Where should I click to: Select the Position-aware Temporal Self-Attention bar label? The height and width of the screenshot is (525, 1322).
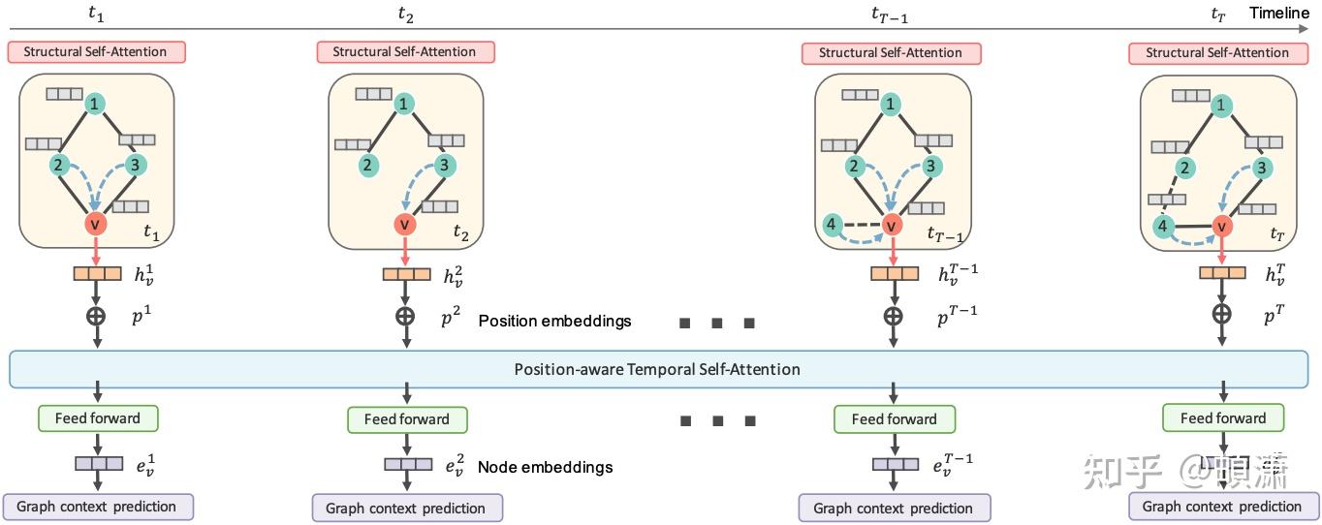point(657,369)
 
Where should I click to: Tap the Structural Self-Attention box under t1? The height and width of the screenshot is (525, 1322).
point(96,52)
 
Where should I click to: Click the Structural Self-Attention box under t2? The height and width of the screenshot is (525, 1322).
point(404,52)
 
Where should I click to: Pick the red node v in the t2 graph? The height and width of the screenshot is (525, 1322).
point(405,225)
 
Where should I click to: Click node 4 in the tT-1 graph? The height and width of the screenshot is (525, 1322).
point(830,225)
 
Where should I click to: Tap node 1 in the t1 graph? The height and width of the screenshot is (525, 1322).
point(94,103)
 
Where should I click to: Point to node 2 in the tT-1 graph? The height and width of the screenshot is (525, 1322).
point(853,166)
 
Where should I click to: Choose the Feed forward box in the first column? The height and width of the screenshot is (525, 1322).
point(97,418)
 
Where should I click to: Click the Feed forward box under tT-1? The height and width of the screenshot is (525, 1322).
point(894,419)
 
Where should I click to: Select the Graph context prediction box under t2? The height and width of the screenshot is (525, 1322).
point(406,508)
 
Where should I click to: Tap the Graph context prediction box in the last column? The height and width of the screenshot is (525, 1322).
point(1221,506)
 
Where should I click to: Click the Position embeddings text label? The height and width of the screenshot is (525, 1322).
point(554,321)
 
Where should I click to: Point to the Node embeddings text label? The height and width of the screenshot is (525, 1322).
point(545,467)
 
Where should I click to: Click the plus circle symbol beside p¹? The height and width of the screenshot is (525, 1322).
point(97,316)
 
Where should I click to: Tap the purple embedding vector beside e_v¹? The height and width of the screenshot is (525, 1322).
point(98,463)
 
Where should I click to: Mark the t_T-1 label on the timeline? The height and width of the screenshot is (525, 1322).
point(889,15)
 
